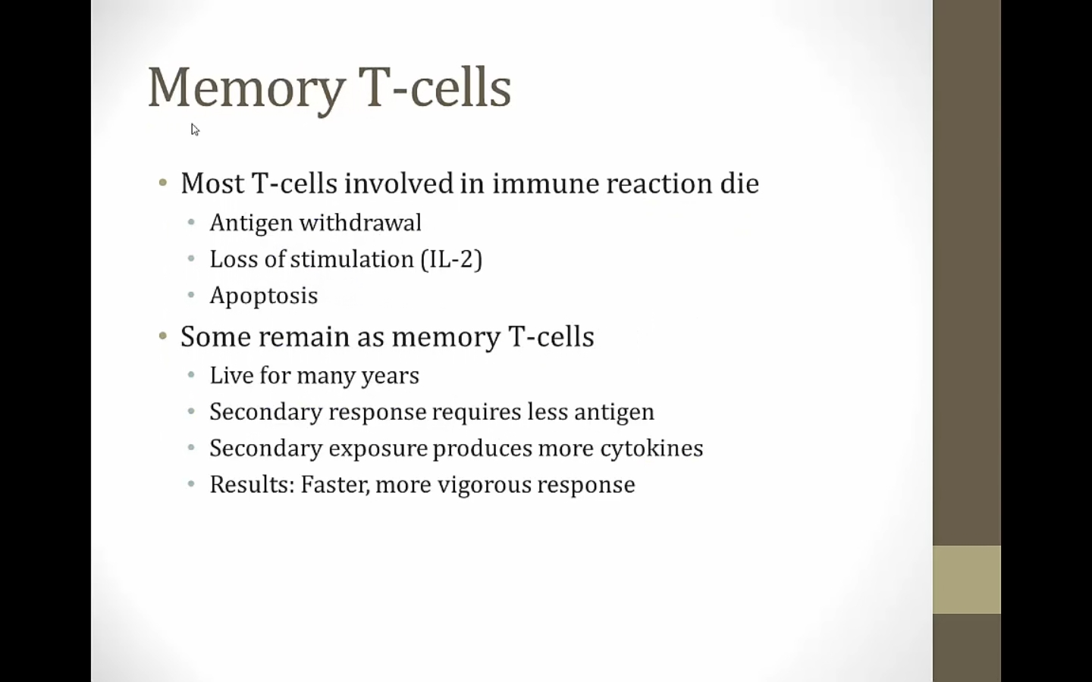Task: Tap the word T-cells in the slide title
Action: pos(435,86)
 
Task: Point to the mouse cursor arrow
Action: pos(195,130)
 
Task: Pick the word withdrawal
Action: pos(360,223)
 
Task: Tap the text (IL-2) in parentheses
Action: pos(451,259)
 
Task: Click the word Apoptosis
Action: pos(264,296)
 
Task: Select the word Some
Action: pos(215,336)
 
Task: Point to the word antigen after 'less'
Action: pos(614,412)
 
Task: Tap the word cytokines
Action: pos(652,449)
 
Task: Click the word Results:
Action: pos(252,485)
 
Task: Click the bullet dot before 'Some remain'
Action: pos(163,336)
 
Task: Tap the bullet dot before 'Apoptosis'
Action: pos(191,296)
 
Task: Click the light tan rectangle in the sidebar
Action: pos(967,580)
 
